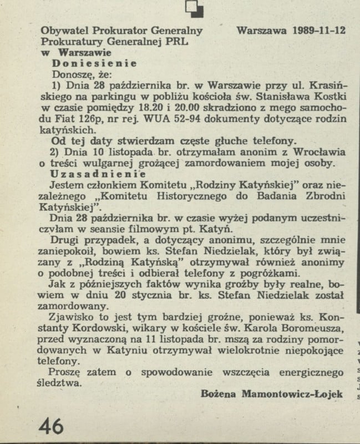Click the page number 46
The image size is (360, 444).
point(51,426)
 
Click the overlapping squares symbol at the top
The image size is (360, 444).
point(196,8)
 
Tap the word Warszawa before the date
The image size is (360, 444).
point(260,31)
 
